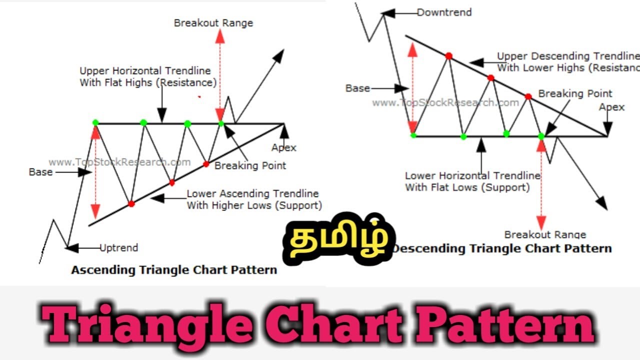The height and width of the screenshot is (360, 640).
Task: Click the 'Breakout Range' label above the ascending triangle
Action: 213,23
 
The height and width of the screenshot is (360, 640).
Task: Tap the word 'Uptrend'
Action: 118,247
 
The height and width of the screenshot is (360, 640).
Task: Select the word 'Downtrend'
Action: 444,12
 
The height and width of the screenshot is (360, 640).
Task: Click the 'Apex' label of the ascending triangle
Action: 284,147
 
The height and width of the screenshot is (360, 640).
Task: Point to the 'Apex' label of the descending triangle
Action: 611,107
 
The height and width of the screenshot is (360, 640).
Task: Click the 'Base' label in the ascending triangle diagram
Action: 40,172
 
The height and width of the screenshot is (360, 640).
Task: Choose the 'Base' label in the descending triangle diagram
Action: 357,88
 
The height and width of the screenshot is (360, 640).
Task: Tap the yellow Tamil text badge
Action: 338,239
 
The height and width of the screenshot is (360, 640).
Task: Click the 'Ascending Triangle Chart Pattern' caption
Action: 174,270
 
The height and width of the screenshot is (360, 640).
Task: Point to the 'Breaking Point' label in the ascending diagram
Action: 250,165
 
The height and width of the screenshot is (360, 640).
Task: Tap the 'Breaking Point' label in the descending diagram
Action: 575,93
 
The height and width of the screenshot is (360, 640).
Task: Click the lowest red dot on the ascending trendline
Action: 131,203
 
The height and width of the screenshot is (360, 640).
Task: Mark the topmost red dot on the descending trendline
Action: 448,56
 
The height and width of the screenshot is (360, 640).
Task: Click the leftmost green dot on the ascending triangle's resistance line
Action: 95,122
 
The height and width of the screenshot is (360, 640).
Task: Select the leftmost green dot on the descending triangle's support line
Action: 413,135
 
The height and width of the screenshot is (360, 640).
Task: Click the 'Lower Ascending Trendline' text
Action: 252,194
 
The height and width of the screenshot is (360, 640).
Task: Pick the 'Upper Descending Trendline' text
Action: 568,56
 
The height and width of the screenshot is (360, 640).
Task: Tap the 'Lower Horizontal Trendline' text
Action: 472,176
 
